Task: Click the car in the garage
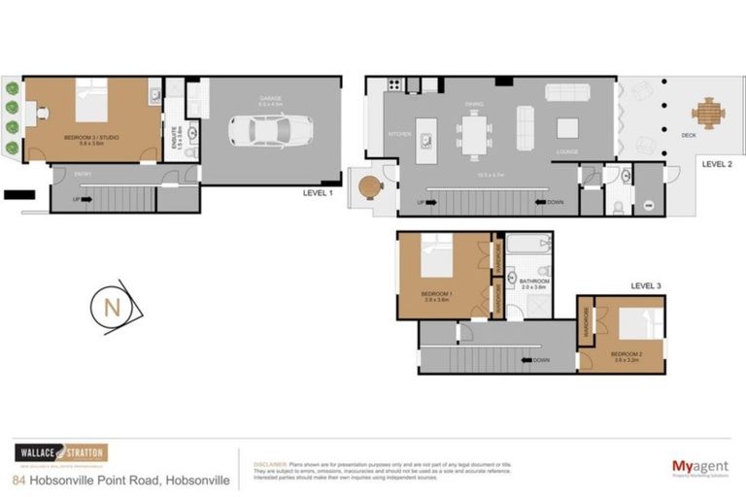click(x=271, y=130)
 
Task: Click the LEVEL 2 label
click(x=717, y=164)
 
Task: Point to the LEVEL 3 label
click(x=645, y=285)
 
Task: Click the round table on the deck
click(x=708, y=112)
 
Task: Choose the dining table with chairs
click(x=474, y=135)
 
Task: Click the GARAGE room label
click(x=270, y=99)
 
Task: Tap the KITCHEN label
click(x=399, y=134)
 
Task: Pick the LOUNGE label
click(x=567, y=152)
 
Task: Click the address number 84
click(x=19, y=480)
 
